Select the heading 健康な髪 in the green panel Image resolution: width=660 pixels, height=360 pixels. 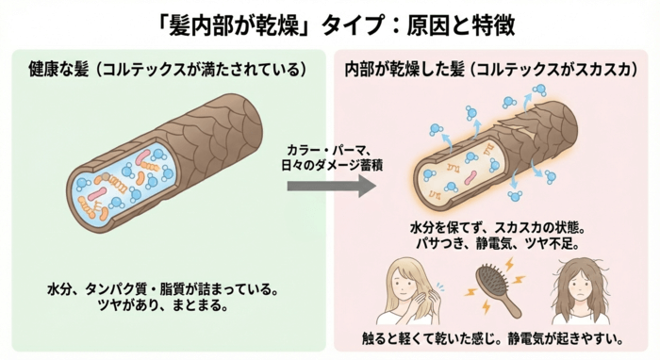tap(58, 71)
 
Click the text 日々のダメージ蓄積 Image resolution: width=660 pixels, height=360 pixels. tap(329, 166)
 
